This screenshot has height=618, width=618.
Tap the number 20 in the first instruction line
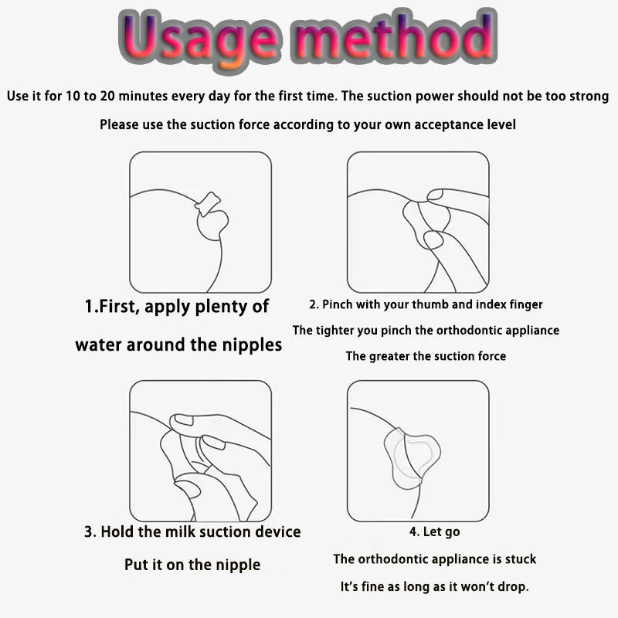click(107, 96)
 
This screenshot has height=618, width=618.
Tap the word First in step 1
click(117, 306)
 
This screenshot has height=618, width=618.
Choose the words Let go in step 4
click(441, 532)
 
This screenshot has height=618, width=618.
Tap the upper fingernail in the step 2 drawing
click(435, 195)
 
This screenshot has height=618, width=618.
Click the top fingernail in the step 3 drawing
click(184, 420)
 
